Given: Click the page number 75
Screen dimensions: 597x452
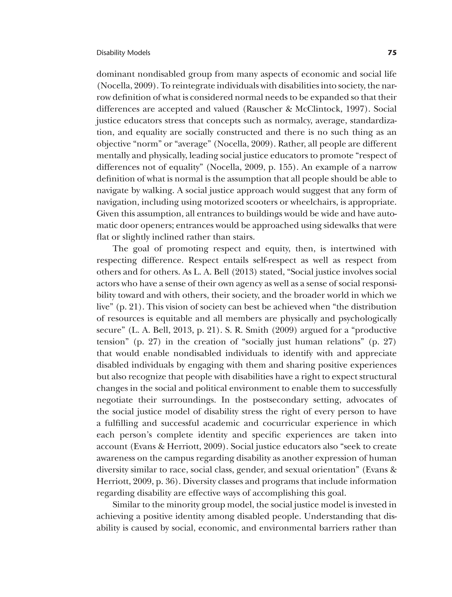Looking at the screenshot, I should tap(392, 53).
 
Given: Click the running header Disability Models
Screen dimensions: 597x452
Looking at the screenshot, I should tap(123, 53).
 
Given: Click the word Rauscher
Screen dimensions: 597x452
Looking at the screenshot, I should tap(266, 109).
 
